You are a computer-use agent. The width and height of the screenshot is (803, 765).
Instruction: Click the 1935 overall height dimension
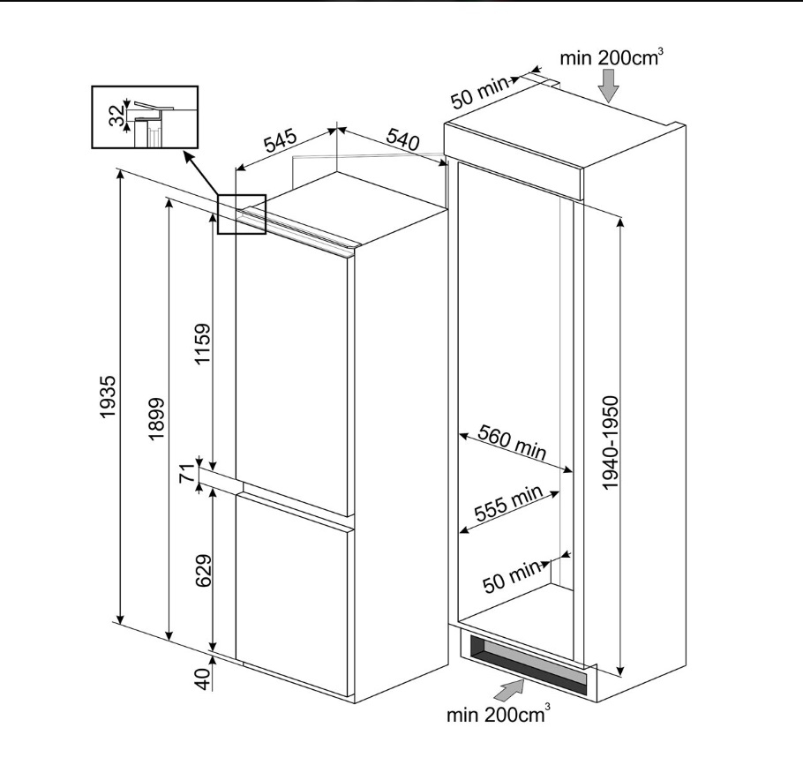point(108,397)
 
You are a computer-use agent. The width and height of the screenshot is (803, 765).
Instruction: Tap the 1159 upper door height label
point(203,343)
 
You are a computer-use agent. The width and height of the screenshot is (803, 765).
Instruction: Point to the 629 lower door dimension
point(204,570)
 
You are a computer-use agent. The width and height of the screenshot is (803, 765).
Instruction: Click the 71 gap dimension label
point(189,472)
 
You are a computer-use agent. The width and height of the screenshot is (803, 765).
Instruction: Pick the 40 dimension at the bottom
point(203,679)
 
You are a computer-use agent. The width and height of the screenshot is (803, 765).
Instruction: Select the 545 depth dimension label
point(280,142)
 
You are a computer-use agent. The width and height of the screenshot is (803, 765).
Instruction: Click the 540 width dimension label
point(402,139)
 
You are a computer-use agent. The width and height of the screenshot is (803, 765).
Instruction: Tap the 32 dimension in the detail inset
point(116,115)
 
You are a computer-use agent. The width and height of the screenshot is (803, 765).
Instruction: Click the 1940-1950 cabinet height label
point(611,442)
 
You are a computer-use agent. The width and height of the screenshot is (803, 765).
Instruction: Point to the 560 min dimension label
point(512,442)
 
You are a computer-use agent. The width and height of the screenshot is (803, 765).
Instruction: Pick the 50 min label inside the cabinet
point(512,577)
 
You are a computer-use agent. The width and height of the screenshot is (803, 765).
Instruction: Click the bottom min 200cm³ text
point(499,714)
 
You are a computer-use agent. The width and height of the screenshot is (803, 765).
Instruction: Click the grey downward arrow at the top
point(610,86)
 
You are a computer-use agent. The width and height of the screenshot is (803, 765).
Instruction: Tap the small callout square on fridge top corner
point(242,214)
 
